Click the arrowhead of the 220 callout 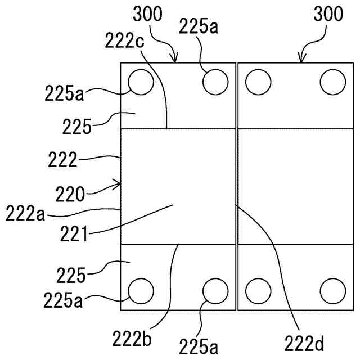point(119,183)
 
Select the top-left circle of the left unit point(141,83)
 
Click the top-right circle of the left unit point(215,83)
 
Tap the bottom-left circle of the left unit point(141,291)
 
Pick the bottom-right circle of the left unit point(215,291)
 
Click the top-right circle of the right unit point(332,83)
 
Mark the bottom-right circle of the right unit point(332,291)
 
